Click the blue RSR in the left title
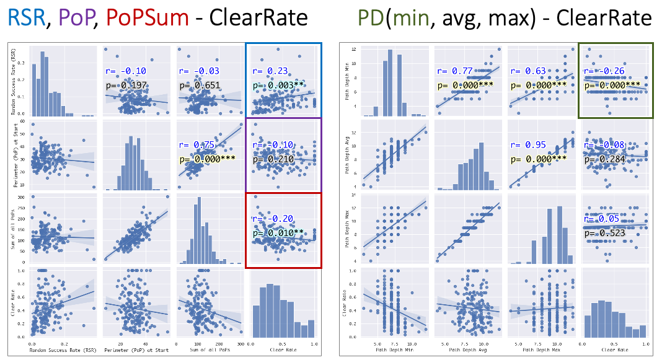pyautogui.click(x=25, y=19)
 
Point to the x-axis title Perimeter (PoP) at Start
pyautogui.click(x=135, y=351)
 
